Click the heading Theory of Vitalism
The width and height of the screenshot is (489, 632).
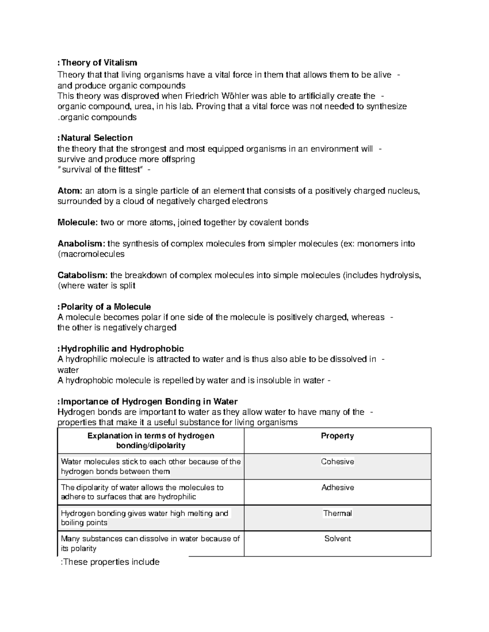(99, 63)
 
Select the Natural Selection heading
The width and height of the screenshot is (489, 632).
(97, 138)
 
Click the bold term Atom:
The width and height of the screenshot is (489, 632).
(70, 191)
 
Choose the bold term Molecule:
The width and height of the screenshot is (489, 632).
(77, 223)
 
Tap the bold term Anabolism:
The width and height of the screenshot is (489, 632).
(81, 244)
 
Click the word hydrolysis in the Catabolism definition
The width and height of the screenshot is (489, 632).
(400, 276)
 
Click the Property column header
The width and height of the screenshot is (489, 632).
(337, 436)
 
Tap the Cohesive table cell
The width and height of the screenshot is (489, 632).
(337, 461)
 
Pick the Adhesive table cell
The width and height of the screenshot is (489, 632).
(337, 488)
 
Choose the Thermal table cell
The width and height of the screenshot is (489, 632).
(337, 514)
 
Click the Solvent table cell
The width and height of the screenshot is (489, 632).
(337, 539)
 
